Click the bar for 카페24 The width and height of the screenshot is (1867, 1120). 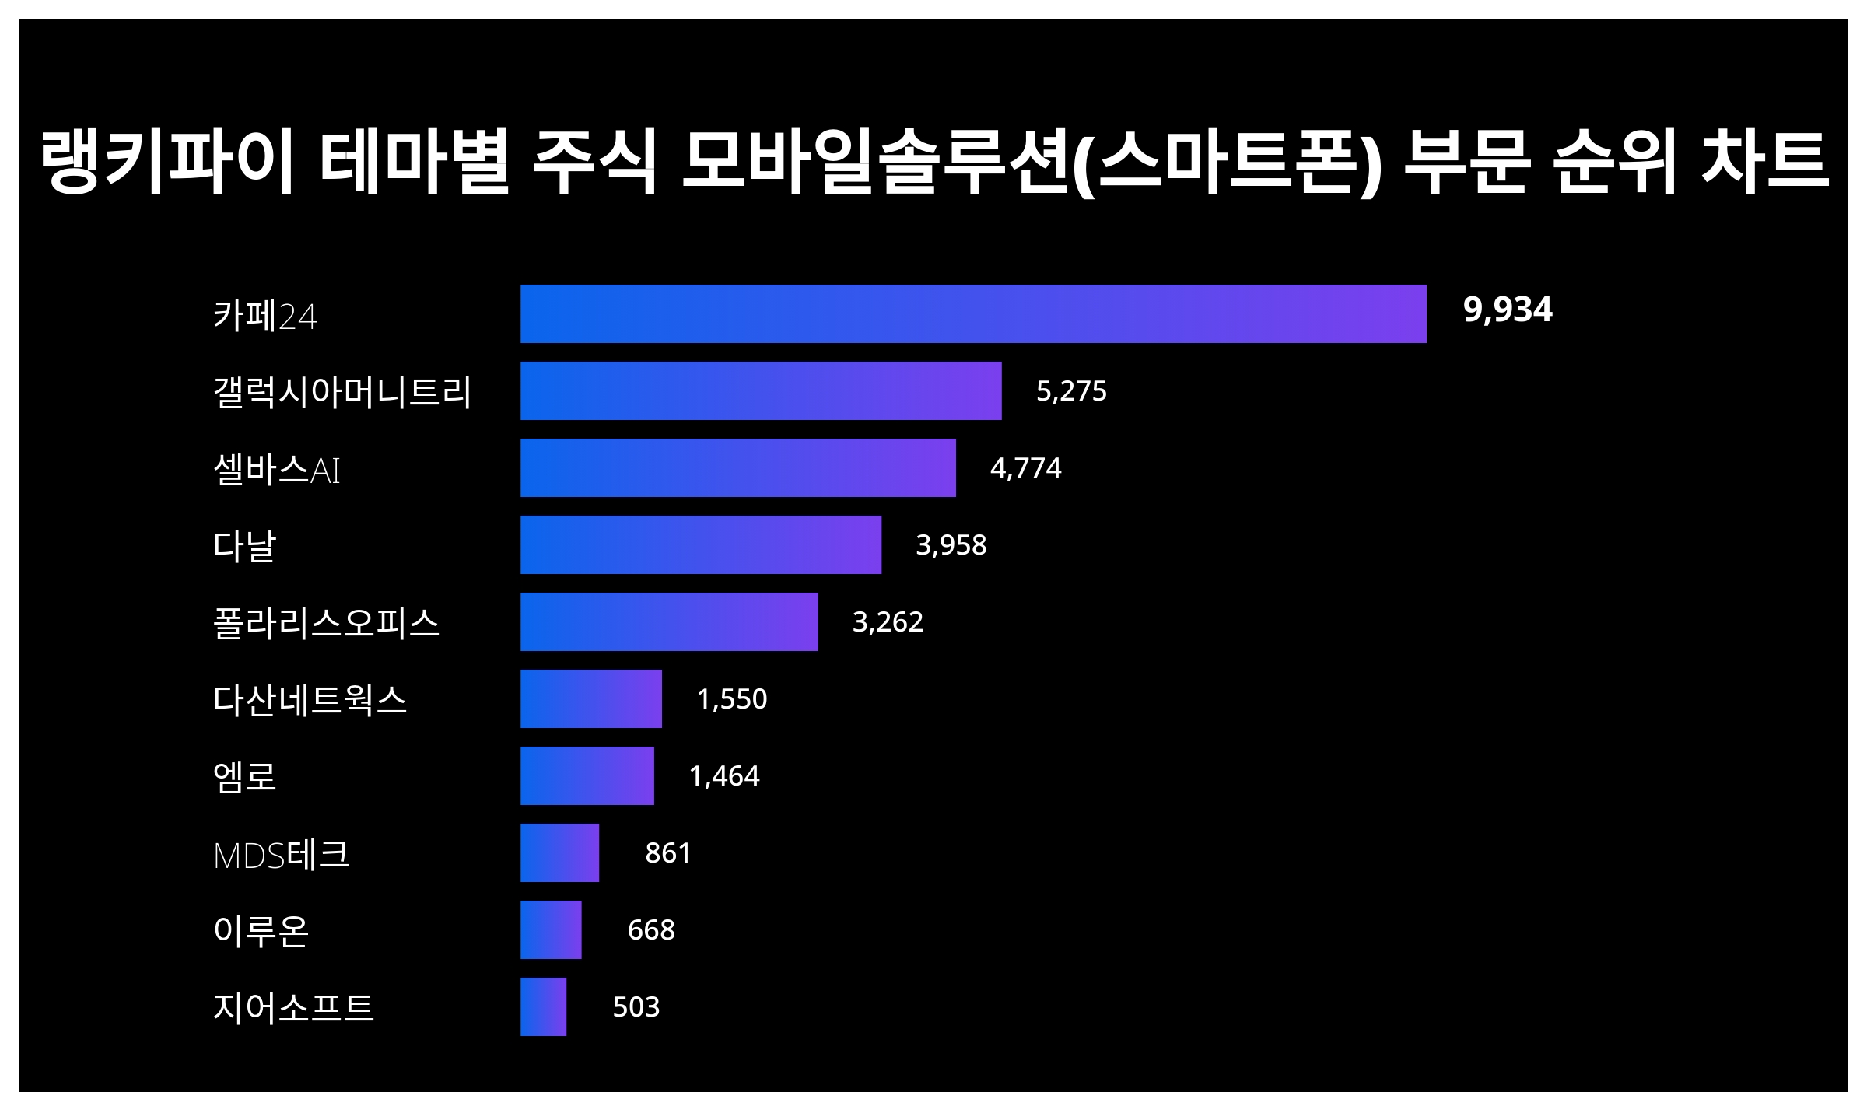(x=973, y=313)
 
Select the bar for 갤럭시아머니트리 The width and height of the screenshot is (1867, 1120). (x=761, y=390)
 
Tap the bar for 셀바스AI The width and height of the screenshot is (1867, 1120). (x=737, y=467)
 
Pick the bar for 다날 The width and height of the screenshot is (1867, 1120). (x=700, y=544)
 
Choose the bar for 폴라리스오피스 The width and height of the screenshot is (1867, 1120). (x=669, y=621)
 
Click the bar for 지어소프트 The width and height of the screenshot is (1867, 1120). (x=543, y=1006)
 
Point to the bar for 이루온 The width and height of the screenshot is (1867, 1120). (x=551, y=929)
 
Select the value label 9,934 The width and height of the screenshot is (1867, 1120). (x=1507, y=310)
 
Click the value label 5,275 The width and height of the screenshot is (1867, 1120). (x=1070, y=390)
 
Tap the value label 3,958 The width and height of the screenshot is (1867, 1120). (x=951, y=544)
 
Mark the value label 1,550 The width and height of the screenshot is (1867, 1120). (x=731, y=698)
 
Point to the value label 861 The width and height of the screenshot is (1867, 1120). (x=667, y=852)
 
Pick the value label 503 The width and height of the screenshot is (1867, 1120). (x=636, y=1006)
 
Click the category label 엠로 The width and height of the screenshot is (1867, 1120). (x=245, y=776)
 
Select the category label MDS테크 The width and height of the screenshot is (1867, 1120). (x=281, y=854)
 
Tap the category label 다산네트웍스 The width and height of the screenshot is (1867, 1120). (x=310, y=699)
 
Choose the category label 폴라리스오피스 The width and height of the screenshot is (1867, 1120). (x=326, y=622)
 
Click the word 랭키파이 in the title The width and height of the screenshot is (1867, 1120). (x=166, y=162)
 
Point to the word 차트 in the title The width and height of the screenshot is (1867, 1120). (x=1764, y=162)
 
